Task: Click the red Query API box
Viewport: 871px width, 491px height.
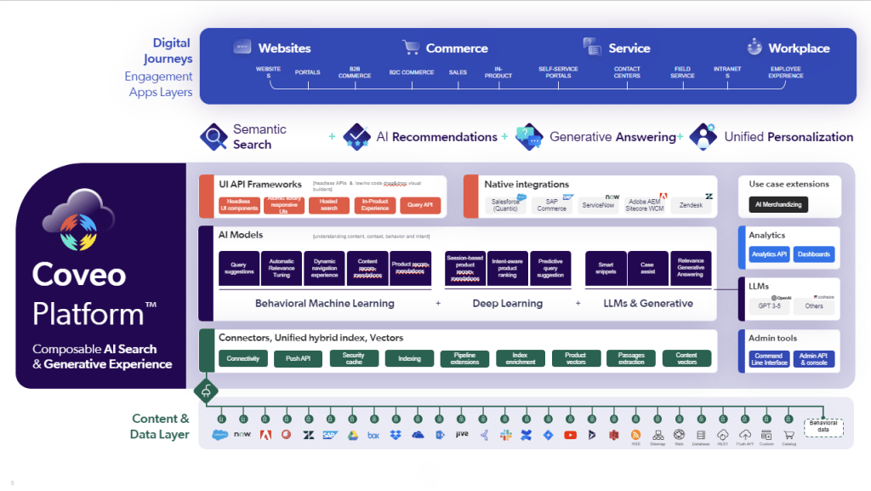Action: coord(420,205)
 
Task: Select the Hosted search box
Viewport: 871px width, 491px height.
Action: coord(323,205)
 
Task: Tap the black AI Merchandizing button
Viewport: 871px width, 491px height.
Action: coord(777,205)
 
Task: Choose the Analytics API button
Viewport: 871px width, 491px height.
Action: coord(769,254)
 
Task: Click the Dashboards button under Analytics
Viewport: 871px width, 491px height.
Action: coord(814,254)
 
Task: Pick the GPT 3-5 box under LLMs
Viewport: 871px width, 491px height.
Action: coord(770,305)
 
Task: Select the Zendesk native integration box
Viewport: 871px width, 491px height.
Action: coord(691,206)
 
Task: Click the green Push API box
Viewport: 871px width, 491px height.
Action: coord(298,358)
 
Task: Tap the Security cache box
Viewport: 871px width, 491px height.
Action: coord(353,358)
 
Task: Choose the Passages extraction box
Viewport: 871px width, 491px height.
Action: coord(631,358)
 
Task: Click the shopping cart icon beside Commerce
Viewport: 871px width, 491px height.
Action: coord(412,48)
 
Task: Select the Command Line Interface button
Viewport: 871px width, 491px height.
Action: coord(769,359)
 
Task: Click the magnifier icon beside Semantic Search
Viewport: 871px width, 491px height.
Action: coord(213,136)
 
